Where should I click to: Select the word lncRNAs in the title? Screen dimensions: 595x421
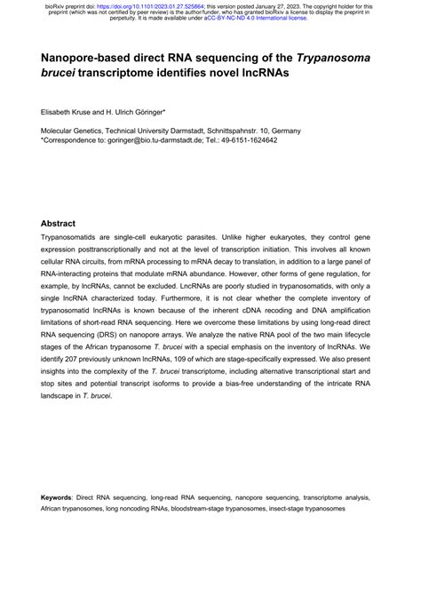click(259, 75)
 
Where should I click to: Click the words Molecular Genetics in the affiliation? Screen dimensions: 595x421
click(75, 131)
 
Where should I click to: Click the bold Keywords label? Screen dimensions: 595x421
click(64, 500)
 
